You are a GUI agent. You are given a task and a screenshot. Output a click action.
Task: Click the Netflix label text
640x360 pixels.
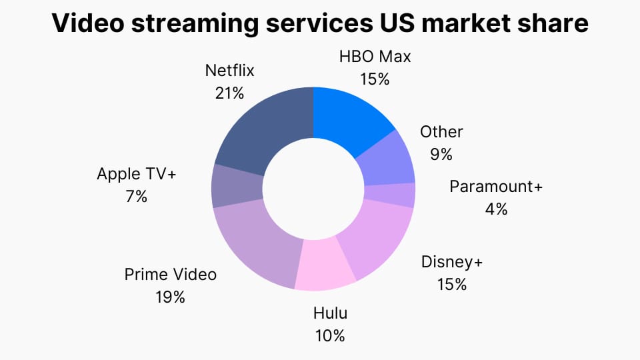[x=230, y=70]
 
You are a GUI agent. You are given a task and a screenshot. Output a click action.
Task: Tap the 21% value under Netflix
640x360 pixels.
[x=230, y=93]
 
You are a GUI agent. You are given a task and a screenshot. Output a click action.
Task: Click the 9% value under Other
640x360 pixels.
[x=441, y=154]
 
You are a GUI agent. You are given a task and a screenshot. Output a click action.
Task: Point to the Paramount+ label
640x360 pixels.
[x=496, y=186]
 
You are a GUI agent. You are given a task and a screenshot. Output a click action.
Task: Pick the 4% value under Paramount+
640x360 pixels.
[x=496, y=209]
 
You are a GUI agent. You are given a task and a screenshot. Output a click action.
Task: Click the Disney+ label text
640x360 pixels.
[x=451, y=261]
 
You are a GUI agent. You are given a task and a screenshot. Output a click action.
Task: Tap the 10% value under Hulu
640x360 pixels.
[x=330, y=335]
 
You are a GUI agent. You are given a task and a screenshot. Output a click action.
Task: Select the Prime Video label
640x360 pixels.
[x=171, y=274]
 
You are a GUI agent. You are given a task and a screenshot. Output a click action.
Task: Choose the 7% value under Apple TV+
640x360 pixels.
[x=136, y=197]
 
